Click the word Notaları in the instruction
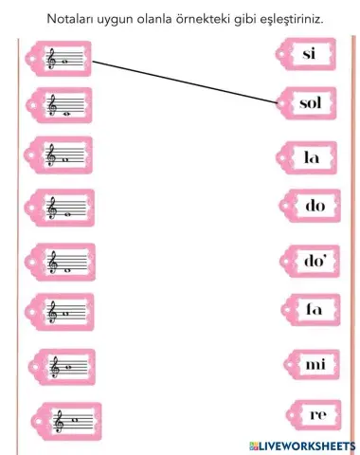(69, 18)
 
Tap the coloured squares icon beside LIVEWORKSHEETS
(255, 446)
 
